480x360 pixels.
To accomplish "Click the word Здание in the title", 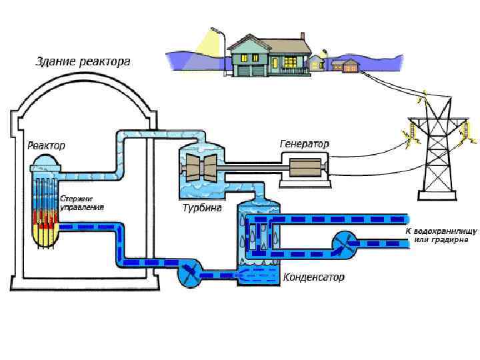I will point(55,62).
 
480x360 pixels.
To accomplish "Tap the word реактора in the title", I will point(105,62).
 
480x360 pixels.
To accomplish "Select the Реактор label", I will point(46,145).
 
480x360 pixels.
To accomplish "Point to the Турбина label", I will point(202,208).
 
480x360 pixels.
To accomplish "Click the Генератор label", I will point(304,144).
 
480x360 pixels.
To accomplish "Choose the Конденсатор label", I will point(313,277).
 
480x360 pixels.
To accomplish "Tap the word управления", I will point(82,207).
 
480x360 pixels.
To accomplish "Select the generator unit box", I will point(305,166).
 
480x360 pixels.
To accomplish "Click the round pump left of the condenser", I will point(189,273).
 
